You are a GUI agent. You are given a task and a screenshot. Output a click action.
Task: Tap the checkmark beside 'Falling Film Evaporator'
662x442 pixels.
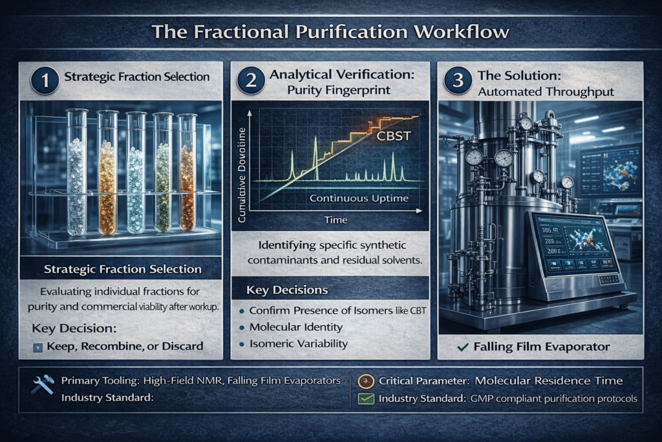tap(463, 348)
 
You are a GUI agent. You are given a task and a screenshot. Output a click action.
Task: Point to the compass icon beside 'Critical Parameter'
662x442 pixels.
tap(365, 381)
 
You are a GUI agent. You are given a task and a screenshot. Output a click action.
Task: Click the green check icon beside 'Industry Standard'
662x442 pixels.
tap(365, 398)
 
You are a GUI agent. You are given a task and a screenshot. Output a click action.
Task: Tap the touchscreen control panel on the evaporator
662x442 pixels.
tap(575, 249)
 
